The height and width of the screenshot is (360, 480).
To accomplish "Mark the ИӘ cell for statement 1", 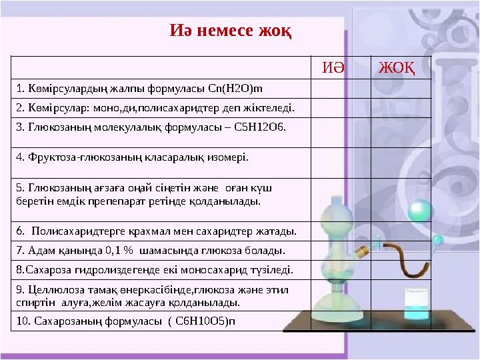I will pos(340,88).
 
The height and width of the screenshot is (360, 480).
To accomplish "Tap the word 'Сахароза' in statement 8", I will pos(44,270).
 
